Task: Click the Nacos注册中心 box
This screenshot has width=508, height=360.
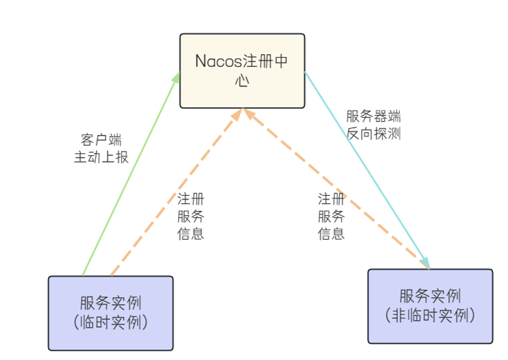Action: point(242,71)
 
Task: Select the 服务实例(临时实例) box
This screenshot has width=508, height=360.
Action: point(110,313)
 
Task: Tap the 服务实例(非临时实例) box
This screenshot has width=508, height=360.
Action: point(430,306)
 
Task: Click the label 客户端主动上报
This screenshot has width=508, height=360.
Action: point(101,148)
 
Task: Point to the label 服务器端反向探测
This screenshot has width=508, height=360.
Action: point(373,125)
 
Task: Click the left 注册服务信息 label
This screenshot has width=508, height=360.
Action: point(191,216)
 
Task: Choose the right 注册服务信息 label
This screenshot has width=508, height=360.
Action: point(331,216)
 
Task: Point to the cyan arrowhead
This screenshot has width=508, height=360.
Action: point(425,262)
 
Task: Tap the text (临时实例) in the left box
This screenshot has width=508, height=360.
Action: point(110,323)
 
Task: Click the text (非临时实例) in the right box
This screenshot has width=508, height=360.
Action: point(430,315)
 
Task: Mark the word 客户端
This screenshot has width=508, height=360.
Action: point(101,140)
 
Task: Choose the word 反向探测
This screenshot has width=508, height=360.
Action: point(373,133)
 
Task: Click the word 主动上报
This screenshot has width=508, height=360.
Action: point(101,157)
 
